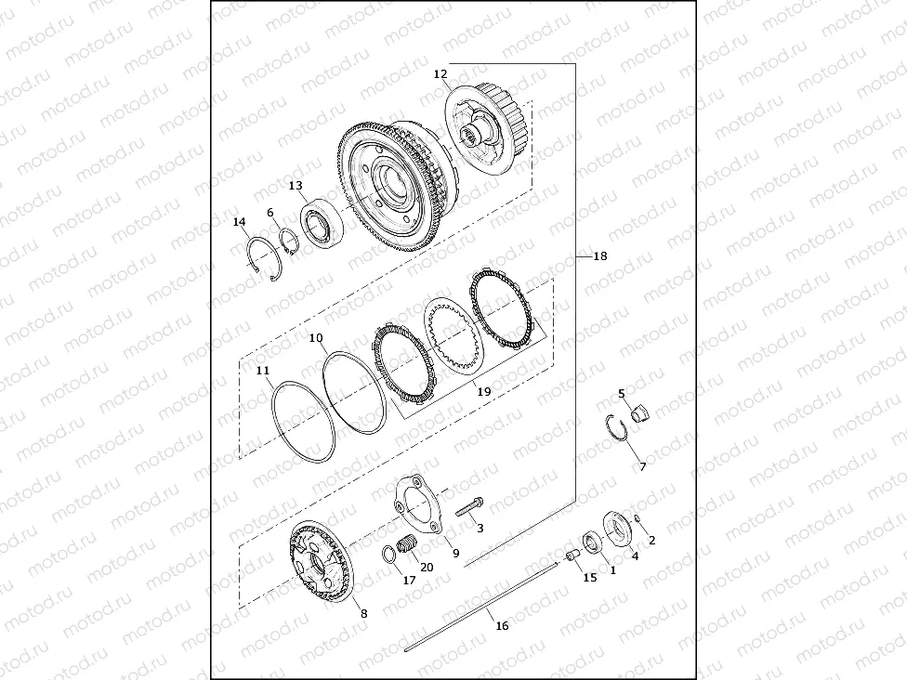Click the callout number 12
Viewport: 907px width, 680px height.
click(440, 74)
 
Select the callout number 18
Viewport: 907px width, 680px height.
click(600, 255)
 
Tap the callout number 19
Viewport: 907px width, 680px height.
click(484, 391)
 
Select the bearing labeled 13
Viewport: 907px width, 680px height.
click(322, 225)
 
